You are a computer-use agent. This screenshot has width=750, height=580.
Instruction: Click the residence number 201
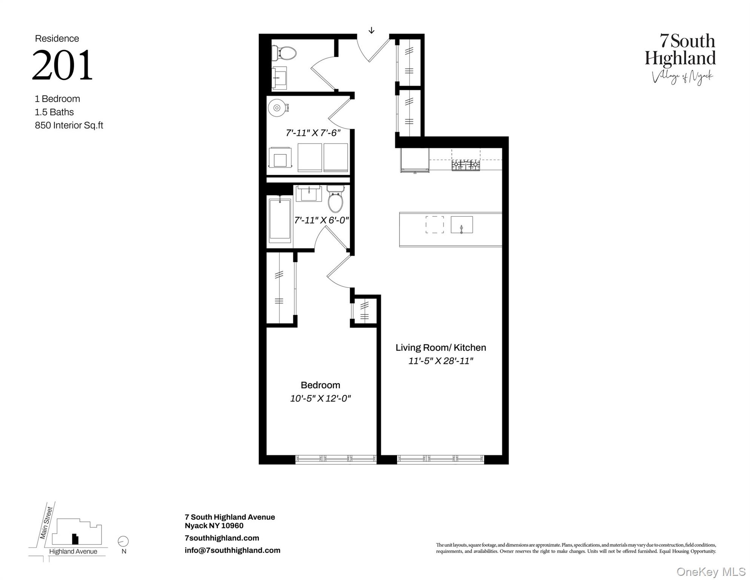click(62, 65)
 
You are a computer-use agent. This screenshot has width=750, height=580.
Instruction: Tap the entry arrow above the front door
click(371, 30)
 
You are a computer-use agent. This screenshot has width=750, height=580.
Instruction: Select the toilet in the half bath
click(286, 53)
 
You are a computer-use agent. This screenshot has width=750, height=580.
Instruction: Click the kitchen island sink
click(461, 225)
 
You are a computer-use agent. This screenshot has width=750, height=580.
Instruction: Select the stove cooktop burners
click(466, 165)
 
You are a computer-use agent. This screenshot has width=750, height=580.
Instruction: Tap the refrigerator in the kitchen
click(415, 160)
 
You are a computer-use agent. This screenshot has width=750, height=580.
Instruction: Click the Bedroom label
click(320, 385)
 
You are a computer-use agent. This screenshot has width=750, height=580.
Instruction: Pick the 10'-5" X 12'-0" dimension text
click(320, 398)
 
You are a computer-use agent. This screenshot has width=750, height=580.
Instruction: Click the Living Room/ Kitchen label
click(441, 348)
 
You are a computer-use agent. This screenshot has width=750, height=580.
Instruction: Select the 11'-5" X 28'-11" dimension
click(441, 361)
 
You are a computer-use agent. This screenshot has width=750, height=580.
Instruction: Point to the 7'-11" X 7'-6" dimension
click(313, 133)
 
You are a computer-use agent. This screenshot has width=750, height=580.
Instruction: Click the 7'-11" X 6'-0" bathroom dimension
click(321, 220)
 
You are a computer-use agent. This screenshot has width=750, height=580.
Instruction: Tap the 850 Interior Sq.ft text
click(69, 125)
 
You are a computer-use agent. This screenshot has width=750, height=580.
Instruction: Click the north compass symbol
click(123, 541)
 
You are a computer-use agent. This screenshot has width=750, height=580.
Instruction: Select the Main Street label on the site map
click(46, 523)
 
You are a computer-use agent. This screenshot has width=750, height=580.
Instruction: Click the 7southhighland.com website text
click(222, 538)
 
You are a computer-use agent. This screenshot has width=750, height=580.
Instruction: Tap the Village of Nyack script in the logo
click(682, 77)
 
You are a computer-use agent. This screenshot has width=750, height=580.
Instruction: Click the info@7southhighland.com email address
click(232, 551)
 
